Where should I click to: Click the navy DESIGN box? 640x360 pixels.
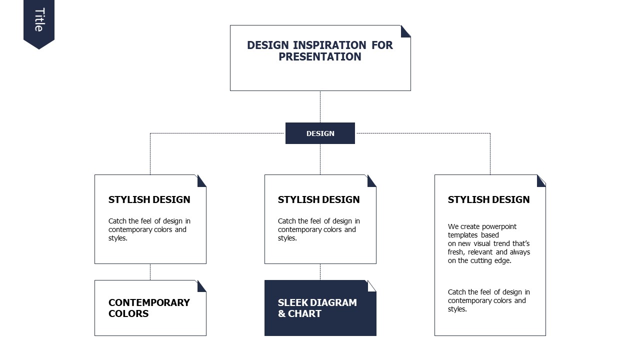point(320,133)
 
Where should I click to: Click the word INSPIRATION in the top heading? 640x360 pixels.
point(329,45)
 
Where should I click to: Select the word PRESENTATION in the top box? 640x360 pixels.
point(320,56)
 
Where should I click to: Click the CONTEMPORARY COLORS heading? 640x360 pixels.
point(149,308)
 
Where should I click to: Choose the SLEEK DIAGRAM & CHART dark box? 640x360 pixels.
point(320,308)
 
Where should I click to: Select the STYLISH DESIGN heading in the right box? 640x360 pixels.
point(488,199)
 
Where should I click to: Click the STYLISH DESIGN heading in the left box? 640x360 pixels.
point(149,199)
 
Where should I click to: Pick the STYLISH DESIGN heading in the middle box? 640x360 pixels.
point(318,199)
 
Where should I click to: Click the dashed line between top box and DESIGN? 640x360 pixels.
point(320,107)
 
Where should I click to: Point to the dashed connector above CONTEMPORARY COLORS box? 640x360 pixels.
point(150,271)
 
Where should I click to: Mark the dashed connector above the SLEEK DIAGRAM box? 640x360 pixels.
point(320,271)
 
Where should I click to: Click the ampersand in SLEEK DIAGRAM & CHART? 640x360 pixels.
point(281,313)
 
